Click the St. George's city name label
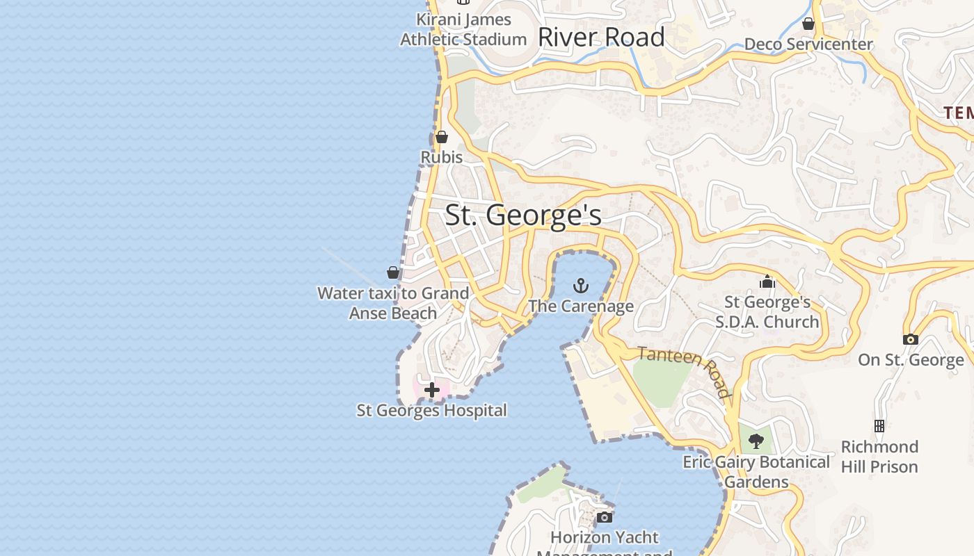pyautogui.click(x=523, y=215)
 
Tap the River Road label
pyautogui.click(x=601, y=37)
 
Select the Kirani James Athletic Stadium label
pyautogui.click(x=463, y=29)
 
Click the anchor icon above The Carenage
pyautogui.click(x=580, y=286)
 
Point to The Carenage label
pyautogui.click(x=580, y=306)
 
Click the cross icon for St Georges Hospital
pyautogui.click(x=431, y=390)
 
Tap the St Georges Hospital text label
pyautogui.click(x=431, y=410)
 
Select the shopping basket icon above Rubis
pyautogui.click(x=441, y=137)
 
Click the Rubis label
pyautogui.click(x=441, y=157)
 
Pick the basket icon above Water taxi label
pyautogui.click(x=393, y=272)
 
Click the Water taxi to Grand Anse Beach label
pyautogui.click(x=393, y=303)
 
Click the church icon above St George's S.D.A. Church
pyautogui.click(x=767, y=281)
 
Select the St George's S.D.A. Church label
pyautogui.click(x=767, y=312)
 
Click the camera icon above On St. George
pyautogui.click(x=910, y=339)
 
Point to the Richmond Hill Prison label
pyautogui.click(x=879, y=456)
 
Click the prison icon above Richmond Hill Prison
pyautogui.click(x=879, y=425)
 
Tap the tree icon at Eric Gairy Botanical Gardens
pyautogui.click(x=756, y=441)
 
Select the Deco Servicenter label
pyautogui.click(x=808, y=44)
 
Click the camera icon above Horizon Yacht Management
pyautogui.click(x=604, y=517)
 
